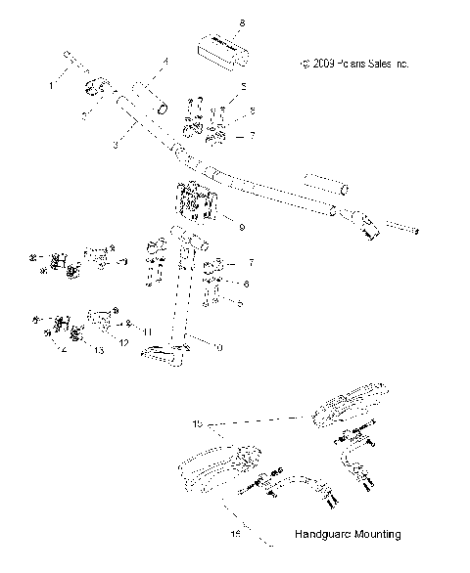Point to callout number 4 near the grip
point(164,63)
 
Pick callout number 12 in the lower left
point(123,342)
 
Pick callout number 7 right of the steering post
point(251,264)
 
